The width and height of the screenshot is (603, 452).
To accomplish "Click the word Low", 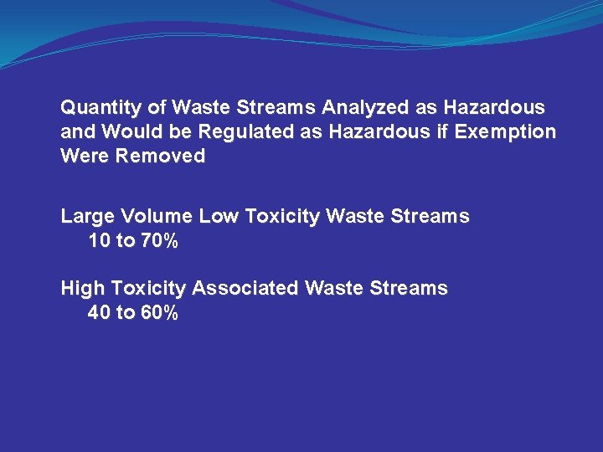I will (x=220, y=217).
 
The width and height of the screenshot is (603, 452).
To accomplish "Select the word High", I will (x=82, y=289).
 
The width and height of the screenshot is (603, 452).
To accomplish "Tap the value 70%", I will (x=159, y=242).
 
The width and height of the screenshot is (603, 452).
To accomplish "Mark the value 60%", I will (x=159, y=314).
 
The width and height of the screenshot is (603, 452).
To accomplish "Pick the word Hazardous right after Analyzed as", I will (x=494, y=109).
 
